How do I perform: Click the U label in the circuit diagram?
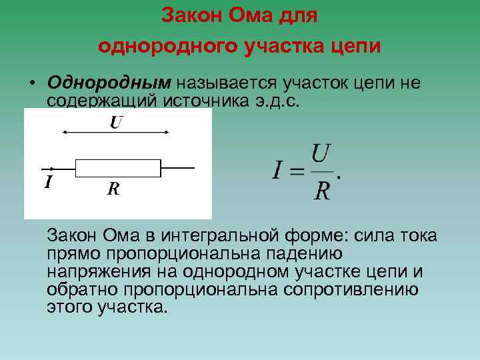(116, 122)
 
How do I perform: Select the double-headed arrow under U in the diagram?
(114, 133)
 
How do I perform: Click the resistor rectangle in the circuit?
(118, 167)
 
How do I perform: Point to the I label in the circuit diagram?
(47, 182)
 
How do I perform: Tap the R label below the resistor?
(113, 189)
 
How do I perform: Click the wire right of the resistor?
(178, 167)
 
